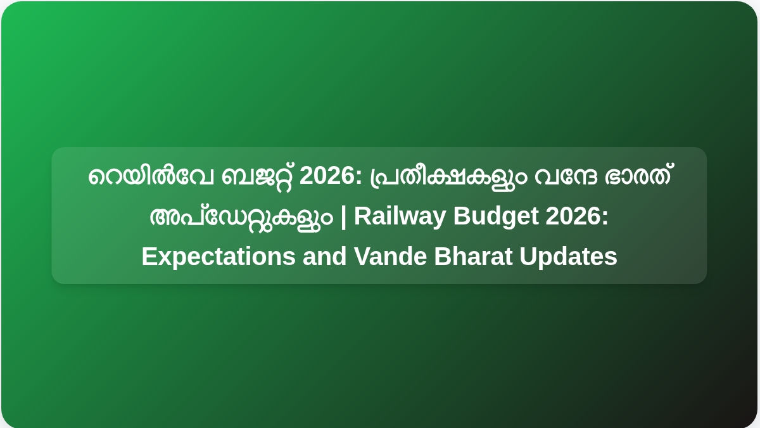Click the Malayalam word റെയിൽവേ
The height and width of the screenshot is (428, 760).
151,176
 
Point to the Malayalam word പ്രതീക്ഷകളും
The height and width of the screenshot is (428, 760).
448,178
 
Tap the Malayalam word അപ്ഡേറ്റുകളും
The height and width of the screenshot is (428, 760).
241,218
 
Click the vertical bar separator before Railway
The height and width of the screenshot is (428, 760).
343,217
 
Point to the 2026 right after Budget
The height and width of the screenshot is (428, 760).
573,216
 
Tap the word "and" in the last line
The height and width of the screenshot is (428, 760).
325,256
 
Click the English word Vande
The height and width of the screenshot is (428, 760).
390,256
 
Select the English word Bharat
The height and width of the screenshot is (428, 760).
473,256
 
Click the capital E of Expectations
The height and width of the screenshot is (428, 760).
149,256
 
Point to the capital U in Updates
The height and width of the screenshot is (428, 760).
528,256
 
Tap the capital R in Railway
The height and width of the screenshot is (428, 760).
363,216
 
